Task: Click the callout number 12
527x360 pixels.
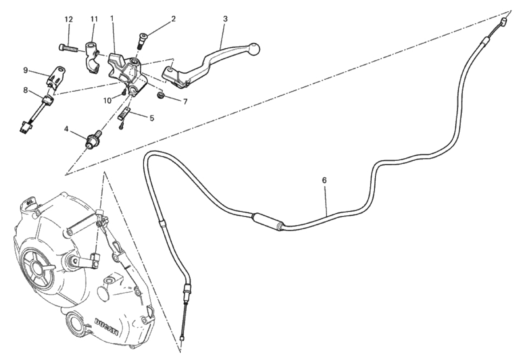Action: tap(69, 19)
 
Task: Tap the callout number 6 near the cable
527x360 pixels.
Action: tap(324, 180)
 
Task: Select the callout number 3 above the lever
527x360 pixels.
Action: tap(225, 19)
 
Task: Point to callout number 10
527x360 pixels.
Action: tap(107, 100)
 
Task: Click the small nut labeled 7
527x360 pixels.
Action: tap(160, 95)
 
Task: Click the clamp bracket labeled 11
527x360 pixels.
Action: tap(92, 58)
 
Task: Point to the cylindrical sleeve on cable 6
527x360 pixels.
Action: tap(267, 221)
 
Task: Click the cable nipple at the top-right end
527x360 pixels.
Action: tap(504, 22)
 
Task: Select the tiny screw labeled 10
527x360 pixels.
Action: tap(124, 93)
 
